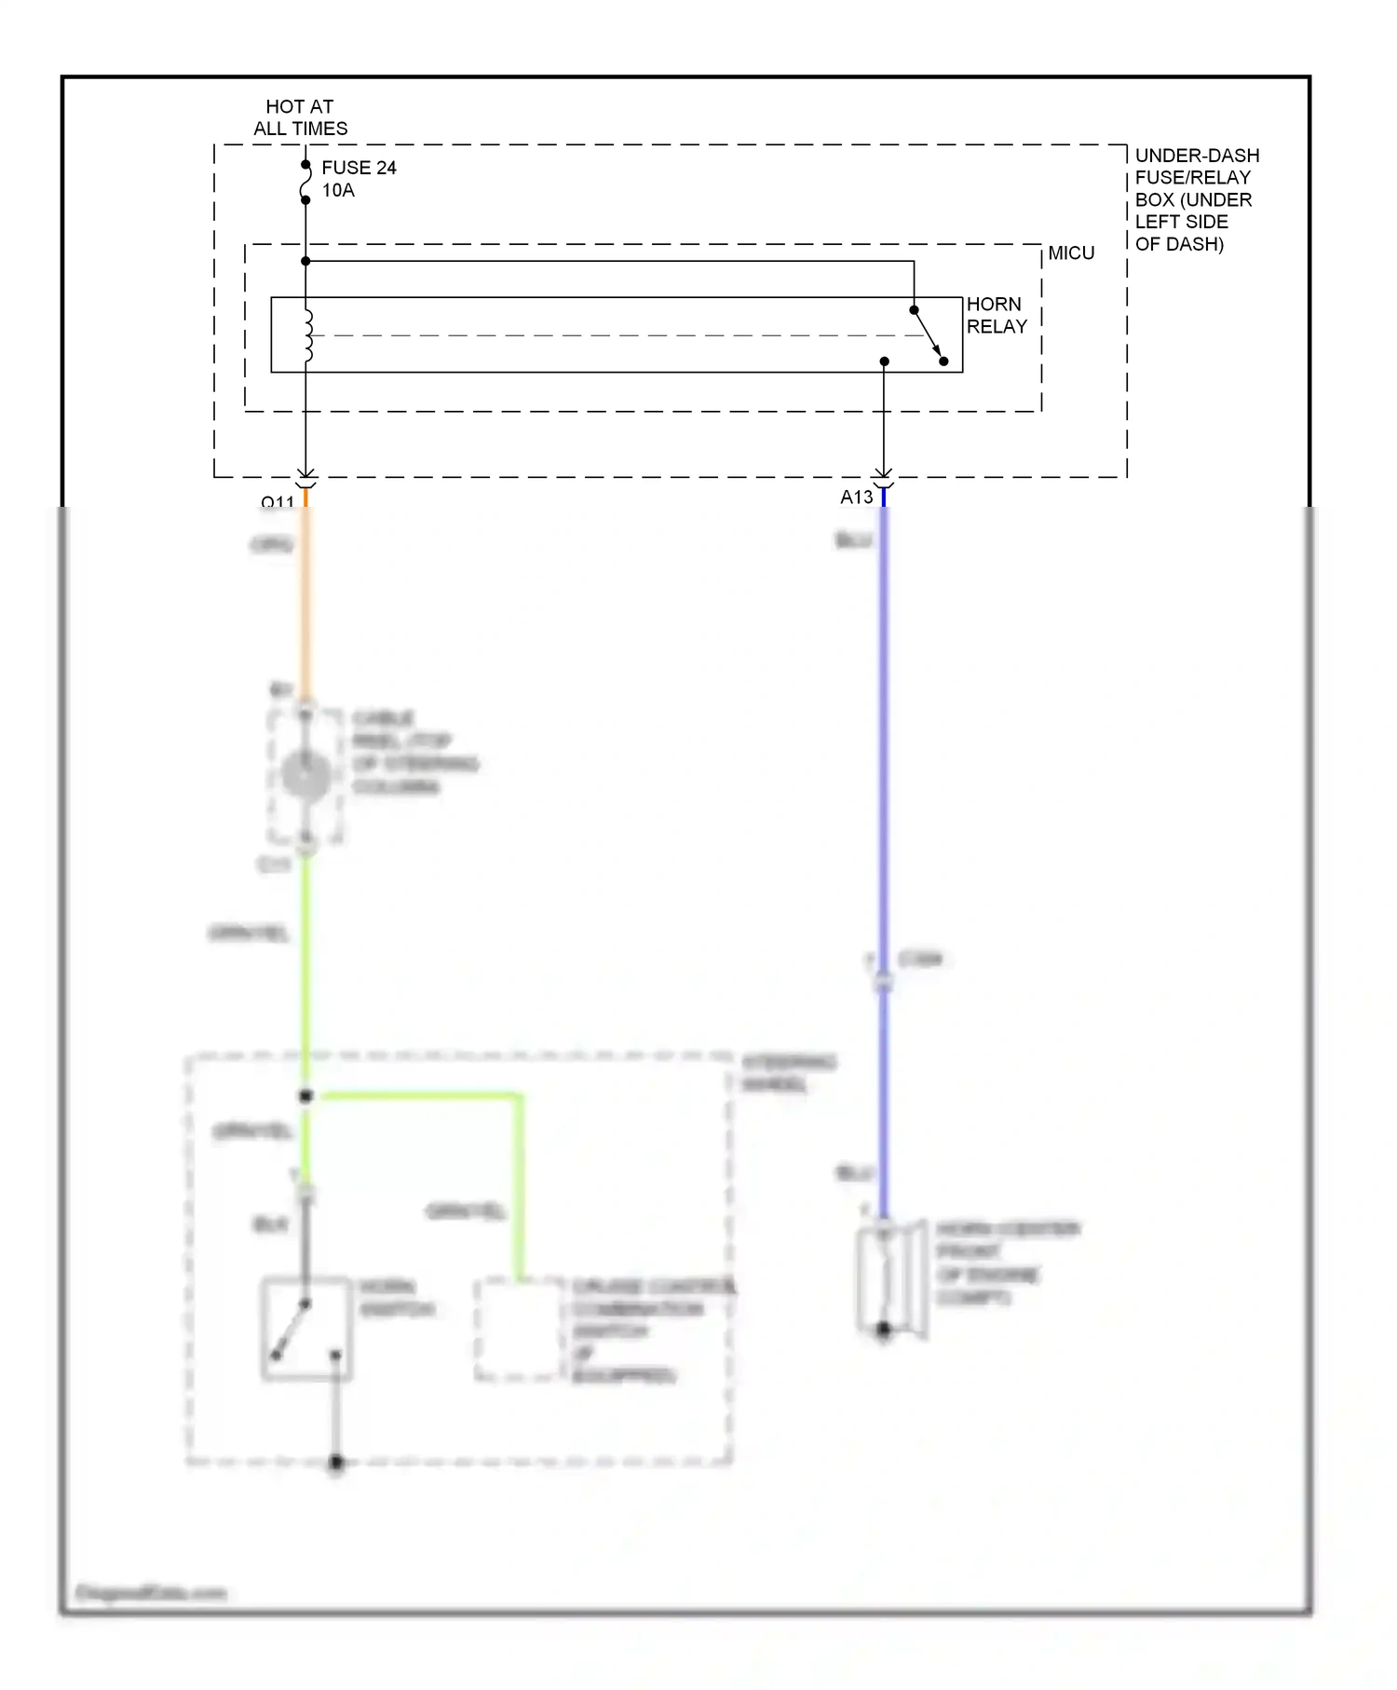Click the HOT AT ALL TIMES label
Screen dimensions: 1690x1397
pos(300,118)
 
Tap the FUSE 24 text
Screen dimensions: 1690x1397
pos(359,168)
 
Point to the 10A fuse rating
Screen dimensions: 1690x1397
pos(338,191)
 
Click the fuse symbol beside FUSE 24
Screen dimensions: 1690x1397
pos(305,183)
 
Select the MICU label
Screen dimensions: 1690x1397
pos(1071,253)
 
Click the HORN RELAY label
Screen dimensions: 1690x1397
pos(996,316)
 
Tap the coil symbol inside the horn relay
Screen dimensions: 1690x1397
pos(307,335)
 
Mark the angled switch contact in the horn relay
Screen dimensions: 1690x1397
pos(929,335)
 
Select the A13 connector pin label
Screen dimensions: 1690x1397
pos(857,497)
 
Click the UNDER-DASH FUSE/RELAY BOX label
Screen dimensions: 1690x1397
pos(1196,199)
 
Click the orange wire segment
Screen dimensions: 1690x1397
pos(305,606)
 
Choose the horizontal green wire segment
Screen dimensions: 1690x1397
pos(419,1097)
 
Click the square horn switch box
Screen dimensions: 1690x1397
pos(306,1329)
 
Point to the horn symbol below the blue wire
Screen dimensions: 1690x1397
pos(890,1279)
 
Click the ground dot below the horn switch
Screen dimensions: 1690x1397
pos(336,1463)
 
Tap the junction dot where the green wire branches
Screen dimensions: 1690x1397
pos(305,1097)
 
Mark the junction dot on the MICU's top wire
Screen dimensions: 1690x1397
pos(305,262)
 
